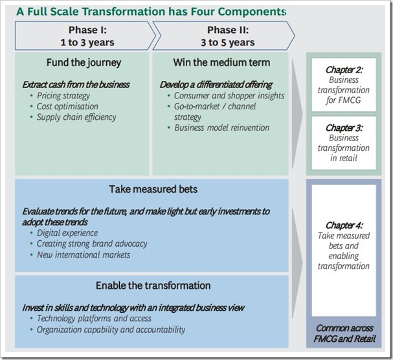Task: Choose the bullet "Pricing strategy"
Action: click(63, 95)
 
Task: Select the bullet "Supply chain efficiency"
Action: click(76, 117)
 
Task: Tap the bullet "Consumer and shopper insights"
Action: click(229, 96)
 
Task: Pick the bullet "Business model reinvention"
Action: click(222, 128)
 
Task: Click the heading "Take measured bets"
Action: click(153, 189)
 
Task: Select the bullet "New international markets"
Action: click(84, 254)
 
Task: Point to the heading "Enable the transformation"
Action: click(153, 286)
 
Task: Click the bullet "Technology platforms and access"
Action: click(95, 319)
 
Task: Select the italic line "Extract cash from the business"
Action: click(76, 84)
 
